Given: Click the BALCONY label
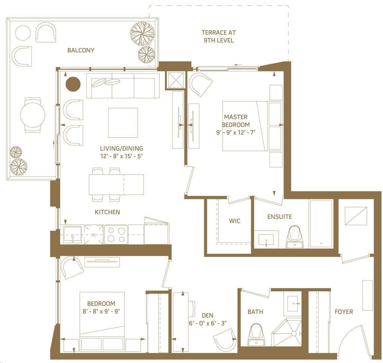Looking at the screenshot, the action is click(x=81, y=50).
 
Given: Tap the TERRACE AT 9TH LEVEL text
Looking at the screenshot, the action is click(x=218, y=36).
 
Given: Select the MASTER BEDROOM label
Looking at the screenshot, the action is click(x=236, y=121).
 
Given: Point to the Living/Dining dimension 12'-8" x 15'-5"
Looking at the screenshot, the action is click(x=122, y=156).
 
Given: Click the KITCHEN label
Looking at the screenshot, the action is click(x=107, y=212).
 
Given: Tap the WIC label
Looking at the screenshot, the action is click(x=235, y=221).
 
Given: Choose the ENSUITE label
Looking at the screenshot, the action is click(x=280, y=217).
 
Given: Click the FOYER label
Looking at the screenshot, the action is click(x=344, y=312).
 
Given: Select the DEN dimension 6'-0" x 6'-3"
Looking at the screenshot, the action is click(x=208, y=323).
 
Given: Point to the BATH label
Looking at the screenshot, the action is click(x=255, y=312).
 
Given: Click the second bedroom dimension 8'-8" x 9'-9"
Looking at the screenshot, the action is click(x=101, y=311).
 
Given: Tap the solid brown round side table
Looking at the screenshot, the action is click(x=73, y=84).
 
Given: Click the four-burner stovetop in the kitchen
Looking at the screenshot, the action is click(x=116, y=235).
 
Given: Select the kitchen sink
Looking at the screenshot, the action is click(x=72, y=234).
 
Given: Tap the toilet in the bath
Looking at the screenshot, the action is click(x=256, y=335).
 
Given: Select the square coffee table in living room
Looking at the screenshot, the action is click(x=123, y=123).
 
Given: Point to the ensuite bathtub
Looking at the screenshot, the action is click(x=321, y=224).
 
